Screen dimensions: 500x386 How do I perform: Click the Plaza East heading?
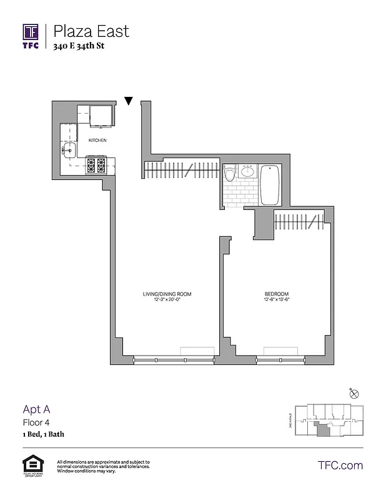tap(91, 30)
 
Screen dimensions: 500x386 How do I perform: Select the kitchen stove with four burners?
tap(96, 166)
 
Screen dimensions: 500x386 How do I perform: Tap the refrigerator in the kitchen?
tap(101, 116)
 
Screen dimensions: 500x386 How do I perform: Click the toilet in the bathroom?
tap(230, 173)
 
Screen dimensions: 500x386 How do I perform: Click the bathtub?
tap(270, 185)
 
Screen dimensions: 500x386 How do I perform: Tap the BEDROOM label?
tap(275, 294)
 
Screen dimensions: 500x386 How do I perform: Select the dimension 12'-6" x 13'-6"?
tap(275, 300)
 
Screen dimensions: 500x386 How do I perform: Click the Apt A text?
tap(36, 409)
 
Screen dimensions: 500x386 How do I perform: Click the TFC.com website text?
tap(340, 465)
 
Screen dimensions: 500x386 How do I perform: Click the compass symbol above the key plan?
tap(354, 392)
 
